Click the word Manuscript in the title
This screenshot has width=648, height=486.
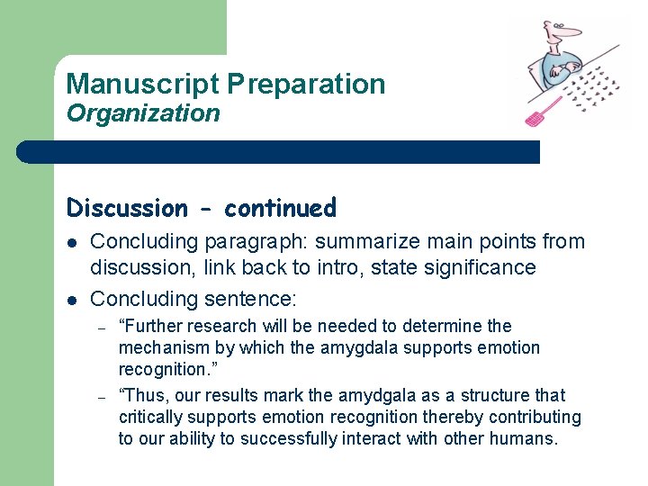(x=142, y=85)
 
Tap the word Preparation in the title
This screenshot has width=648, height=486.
(x=306, y=85)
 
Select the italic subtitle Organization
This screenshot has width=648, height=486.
(x=143, y=113)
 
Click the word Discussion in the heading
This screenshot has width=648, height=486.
(x=127, y=208)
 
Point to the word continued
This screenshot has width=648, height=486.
(x=280, y=208)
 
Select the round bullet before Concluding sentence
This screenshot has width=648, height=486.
(x=73, y=300)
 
